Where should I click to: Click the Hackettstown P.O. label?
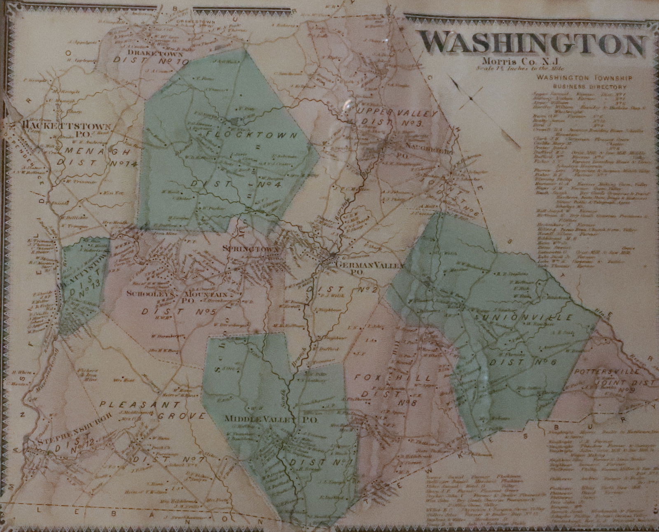click(x=68, y=128)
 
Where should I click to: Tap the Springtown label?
click(x=251, y=250)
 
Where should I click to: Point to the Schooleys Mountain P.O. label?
click(x=177, y=296)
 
